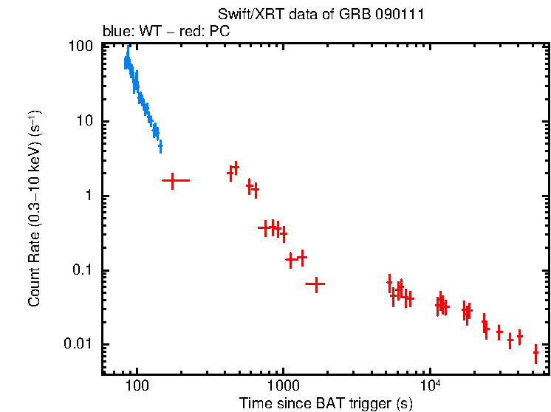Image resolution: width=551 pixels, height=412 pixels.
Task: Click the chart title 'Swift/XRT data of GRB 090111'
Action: [321, 16]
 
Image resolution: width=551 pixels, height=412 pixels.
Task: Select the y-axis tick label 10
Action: [86, 121]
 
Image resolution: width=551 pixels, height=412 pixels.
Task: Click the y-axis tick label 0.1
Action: [84, 270]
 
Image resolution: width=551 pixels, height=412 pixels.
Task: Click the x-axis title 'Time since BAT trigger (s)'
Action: [326, 403]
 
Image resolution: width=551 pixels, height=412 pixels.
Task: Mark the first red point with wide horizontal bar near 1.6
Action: [173, 180]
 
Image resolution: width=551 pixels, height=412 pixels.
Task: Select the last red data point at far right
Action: [536, 355]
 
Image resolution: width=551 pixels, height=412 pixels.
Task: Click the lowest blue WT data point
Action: [160, 147]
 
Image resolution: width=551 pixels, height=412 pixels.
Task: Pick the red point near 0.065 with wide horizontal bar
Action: [316, 284]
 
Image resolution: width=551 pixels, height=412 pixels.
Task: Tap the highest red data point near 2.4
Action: [236, 168]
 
